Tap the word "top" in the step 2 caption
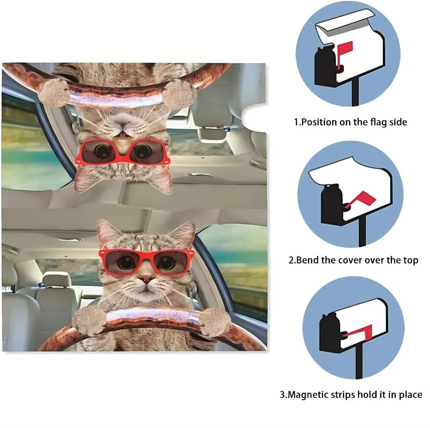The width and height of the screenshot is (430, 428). pos(410,261)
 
